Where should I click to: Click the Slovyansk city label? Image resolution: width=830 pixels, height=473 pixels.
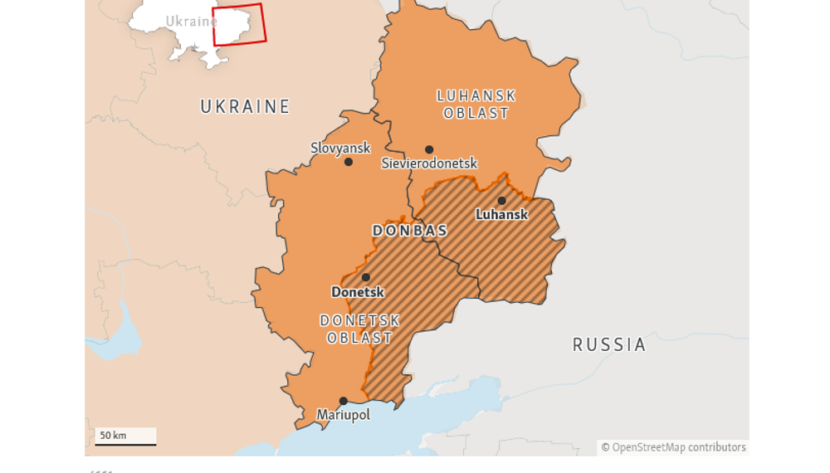340,148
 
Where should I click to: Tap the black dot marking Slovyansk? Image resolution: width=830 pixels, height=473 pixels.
349,162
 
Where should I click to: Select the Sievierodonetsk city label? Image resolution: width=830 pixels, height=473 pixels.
429,163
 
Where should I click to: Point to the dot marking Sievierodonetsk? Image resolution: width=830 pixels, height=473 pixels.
429,150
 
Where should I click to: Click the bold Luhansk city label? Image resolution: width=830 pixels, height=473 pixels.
501,214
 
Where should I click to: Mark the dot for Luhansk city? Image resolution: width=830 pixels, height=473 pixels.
501,201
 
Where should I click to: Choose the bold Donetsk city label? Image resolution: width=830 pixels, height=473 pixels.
358,292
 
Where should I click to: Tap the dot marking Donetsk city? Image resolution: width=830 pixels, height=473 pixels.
366,278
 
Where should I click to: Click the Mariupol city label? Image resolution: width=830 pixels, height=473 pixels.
343,415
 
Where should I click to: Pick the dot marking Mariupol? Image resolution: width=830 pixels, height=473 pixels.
343,402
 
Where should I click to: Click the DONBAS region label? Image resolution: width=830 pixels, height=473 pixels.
410,231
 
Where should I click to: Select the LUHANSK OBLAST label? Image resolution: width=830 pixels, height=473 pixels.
476,105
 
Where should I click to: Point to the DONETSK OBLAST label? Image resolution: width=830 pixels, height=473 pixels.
360,329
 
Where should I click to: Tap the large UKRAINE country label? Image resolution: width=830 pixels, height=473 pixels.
246,106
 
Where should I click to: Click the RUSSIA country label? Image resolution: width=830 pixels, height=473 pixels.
609,345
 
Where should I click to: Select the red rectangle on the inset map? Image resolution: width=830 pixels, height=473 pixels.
239,25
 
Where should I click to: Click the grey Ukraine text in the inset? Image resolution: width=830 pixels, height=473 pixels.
190,22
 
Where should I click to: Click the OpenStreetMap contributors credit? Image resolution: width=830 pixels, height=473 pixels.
673,447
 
